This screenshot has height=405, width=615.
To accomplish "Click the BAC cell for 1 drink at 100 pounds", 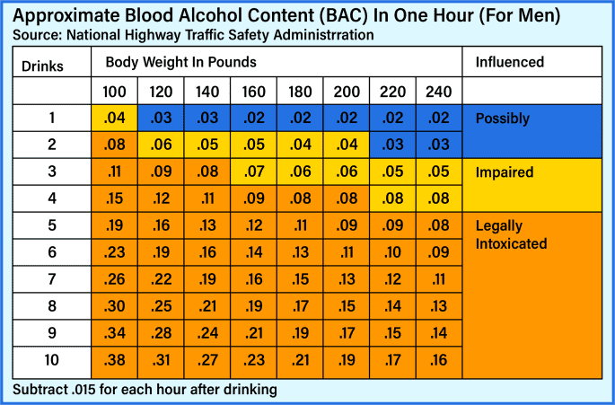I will coord(114,119).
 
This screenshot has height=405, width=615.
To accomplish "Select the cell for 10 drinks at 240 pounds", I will coord(438,361).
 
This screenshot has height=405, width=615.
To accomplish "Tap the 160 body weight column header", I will coord(254,92).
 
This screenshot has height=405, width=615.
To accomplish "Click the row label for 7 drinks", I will coord(51,280).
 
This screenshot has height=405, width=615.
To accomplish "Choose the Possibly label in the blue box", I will coord(503,119).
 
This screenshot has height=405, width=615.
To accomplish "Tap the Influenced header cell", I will coord(509,63).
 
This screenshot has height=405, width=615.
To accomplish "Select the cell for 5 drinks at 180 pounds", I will coord(300,226).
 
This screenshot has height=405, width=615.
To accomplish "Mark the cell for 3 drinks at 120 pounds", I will coord(161,172).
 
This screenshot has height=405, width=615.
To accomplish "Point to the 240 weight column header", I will coord(438,92).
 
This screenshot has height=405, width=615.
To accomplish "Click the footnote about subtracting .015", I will coord(145,389).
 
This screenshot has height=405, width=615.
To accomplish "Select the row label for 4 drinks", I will coord(51,199).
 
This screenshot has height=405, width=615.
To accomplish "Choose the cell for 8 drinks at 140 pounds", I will coord(207,307).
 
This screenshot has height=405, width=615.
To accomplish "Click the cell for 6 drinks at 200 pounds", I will coord(347,253).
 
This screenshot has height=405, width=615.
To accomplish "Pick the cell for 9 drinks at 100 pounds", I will coord(114,334).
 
